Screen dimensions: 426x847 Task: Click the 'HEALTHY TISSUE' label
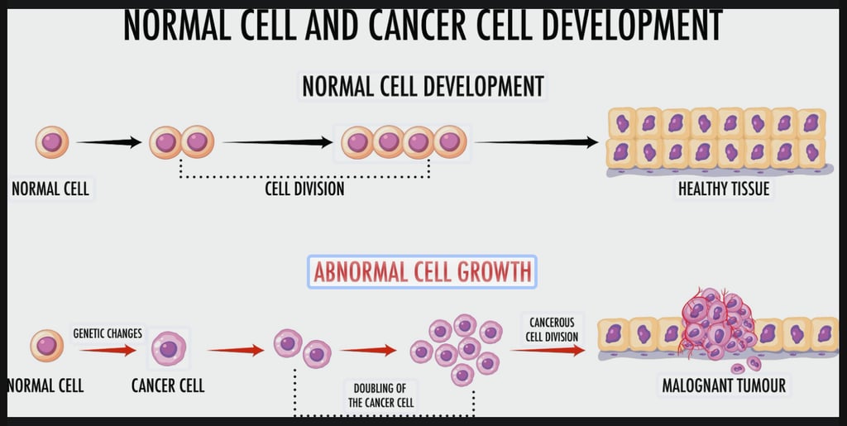(x=724, y=189)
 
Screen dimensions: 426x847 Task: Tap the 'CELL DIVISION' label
(x=304, y=189)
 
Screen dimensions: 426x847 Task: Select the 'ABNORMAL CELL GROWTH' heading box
(x=422, y=271)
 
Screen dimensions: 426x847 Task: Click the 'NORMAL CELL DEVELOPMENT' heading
(x=423, y=85)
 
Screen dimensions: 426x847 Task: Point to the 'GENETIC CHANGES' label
(x=108, y=333)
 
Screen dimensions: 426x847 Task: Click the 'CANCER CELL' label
(x=168, y=385)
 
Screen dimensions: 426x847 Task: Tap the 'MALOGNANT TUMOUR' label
(x=724, y=385)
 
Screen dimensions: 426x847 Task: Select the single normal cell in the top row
(x=52, y=142)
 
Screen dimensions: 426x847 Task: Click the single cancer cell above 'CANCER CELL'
(x=168, y=348)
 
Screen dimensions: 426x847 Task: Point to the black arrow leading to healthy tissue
(x=536, y=142)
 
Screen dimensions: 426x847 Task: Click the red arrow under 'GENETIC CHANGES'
(x=108, y=351)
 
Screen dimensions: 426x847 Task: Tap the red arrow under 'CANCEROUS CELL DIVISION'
(x=548, y=350)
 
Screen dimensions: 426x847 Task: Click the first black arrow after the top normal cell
(x=109, y=142)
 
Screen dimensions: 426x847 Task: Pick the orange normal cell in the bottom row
(x=46, y=346)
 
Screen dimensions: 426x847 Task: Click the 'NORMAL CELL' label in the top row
(x=50, y=189)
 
